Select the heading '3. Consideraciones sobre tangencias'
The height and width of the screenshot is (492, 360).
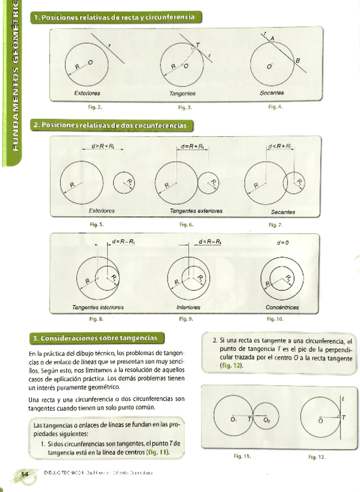tap(98, 338)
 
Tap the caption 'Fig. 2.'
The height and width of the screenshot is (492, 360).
tap(95, 107)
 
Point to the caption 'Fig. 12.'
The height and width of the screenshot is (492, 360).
tap(317, 457)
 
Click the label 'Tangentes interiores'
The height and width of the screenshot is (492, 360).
tap(97, 307)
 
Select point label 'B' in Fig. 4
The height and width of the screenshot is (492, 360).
tap(298, 61)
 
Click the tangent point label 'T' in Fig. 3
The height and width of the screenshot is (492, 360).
tap(197, 44)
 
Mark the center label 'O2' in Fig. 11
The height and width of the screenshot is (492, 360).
tap(267, 419)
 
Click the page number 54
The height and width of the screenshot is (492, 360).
tap(25, 475)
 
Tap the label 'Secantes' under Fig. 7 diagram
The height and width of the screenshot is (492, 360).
tap(283, 212)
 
